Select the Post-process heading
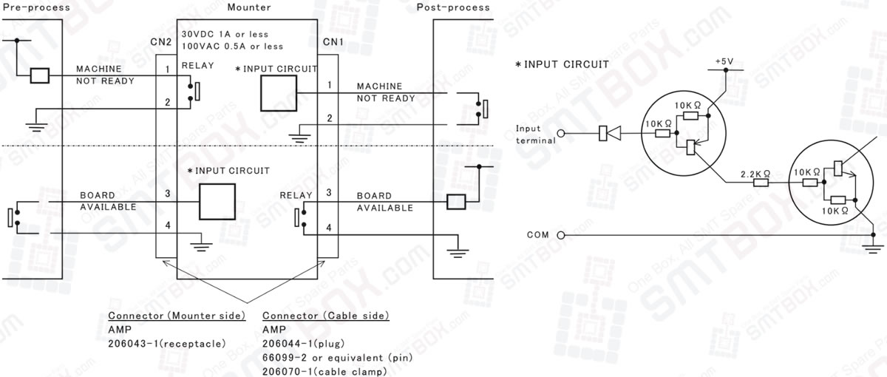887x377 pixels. (453, 7)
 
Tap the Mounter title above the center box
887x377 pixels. (249, 7)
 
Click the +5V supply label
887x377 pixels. (725, 60)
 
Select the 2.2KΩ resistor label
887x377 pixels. (755, 174)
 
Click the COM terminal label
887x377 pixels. (537, 235)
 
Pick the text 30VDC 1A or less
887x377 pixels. (225, 34)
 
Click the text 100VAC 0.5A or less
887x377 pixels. (232, 46)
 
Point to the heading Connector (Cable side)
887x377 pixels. (326, 316)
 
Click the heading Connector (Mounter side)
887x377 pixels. (177, 316)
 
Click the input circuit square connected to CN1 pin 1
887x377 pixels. (278, 93)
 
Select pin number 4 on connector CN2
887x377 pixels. (167, 225)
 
